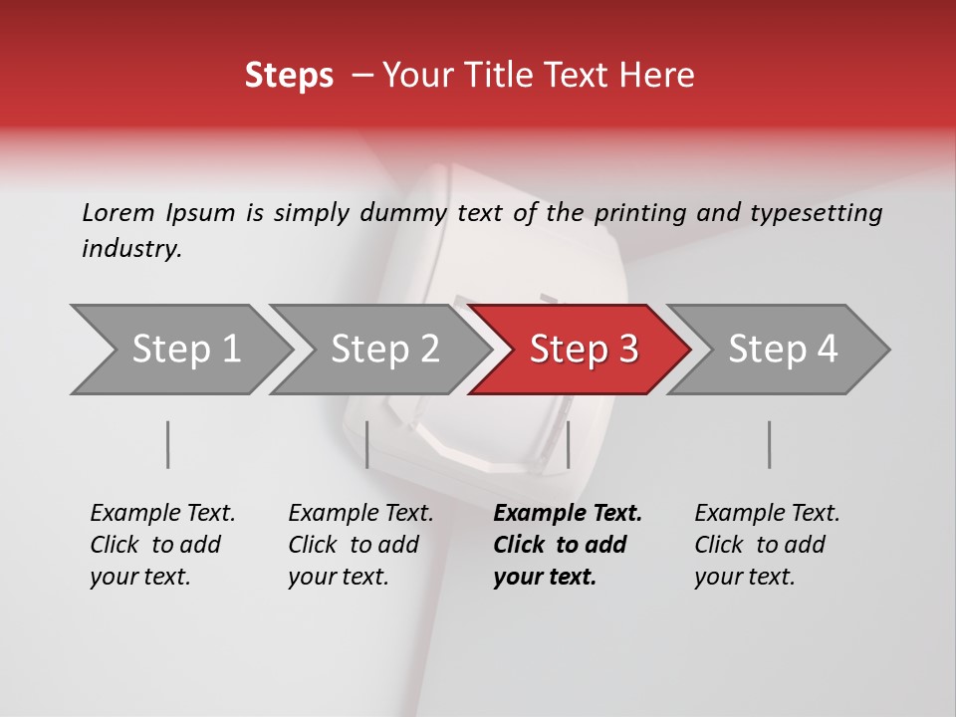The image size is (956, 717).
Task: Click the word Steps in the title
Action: click(289, 76)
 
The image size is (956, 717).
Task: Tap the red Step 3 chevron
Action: click(584, 350)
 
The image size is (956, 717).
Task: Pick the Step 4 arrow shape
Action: click(783, 350)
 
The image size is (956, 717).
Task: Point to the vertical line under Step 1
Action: click(168, 444)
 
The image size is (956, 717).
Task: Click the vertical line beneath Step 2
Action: click(367, 444)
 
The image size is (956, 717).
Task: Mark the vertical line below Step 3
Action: click(568, 444)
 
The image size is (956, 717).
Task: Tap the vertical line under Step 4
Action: click(769, 444)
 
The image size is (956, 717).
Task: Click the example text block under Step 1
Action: click(162, 545)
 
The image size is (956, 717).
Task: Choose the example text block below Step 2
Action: click(360, 545)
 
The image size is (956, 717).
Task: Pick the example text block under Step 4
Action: click(767, 545)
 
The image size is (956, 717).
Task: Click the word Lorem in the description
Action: click(119, 212)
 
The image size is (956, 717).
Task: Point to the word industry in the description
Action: click(131, 249)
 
